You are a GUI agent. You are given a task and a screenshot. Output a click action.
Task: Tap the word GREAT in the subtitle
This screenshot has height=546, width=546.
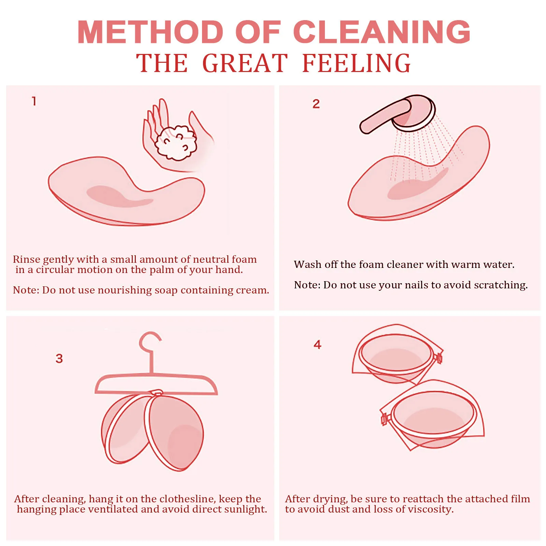pos(245,63)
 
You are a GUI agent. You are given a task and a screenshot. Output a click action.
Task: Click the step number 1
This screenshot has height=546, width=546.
pos(34,101)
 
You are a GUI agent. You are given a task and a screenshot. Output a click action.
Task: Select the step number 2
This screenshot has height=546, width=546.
pos(316,104)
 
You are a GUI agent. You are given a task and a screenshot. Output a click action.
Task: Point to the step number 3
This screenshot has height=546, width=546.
pos(59,358)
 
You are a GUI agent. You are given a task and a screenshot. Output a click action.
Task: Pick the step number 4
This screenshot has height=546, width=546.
pos(317,344)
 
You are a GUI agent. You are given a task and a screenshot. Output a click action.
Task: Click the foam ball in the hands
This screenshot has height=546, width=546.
pos(175,143)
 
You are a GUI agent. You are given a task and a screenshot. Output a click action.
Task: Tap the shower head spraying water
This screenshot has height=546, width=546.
pos(413,114)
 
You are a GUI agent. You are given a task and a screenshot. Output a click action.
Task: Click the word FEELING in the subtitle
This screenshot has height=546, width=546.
pos(356,63)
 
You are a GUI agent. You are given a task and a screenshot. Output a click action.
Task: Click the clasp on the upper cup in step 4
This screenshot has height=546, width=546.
pos(438,358)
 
